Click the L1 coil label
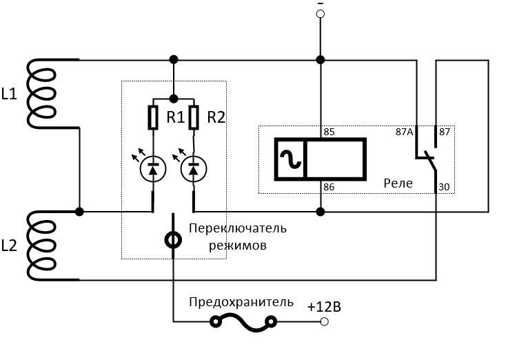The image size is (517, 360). pos(9,94)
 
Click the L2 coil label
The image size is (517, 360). pos(9,245)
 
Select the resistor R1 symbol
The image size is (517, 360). pos(154,118)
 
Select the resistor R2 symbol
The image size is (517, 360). pos(194,118)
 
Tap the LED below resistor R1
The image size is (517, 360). pos(153,167)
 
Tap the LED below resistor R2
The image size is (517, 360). pos(194,167)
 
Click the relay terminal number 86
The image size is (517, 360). pos(329,187)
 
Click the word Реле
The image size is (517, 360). pos(398,183)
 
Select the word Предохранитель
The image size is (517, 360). pos(241,302)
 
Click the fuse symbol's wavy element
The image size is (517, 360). pos(244,321)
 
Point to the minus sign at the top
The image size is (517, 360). pos(320,6)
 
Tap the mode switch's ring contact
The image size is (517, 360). pos(173,240)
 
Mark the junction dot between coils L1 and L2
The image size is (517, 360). pos(80,210)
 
